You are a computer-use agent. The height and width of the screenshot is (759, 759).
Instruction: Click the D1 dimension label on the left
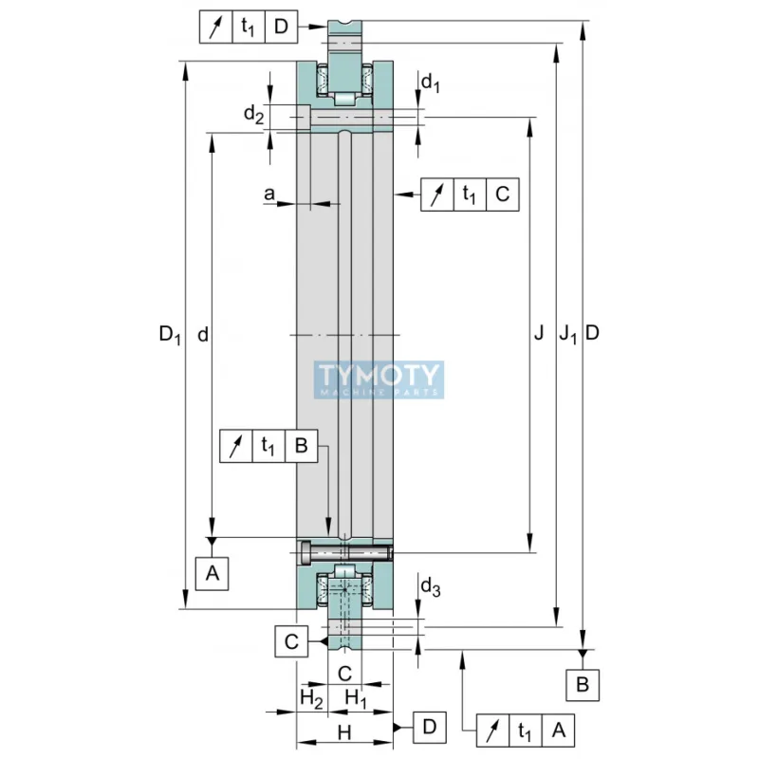[169, 334]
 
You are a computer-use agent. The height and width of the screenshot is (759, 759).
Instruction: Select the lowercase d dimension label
[202, 334]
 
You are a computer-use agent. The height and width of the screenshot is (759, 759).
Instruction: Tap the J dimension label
[538, 333]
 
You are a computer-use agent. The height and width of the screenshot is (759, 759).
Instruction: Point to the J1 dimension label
[566, 334]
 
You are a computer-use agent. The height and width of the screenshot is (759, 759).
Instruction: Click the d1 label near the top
[431, 84]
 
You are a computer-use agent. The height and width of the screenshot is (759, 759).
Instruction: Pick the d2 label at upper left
[253, 115]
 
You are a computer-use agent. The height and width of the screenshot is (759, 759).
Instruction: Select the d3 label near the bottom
[431, 587]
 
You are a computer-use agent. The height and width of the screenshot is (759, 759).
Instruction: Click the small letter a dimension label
[269, 194]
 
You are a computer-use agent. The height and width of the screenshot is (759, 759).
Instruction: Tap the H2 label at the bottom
[310, 697]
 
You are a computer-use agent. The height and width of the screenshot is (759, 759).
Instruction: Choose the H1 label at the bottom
[358, 697]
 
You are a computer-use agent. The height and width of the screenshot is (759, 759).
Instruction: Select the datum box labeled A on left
[213, 572]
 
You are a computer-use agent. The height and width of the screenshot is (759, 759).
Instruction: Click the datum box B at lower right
[583, 684]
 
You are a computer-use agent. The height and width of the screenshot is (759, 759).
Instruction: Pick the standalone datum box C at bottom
[292, 641]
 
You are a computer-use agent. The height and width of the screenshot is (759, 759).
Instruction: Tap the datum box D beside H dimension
[429, 728]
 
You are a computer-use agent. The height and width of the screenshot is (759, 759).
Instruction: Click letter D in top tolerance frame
[281, 27]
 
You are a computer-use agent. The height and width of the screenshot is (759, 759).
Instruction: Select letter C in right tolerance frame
[502, 194]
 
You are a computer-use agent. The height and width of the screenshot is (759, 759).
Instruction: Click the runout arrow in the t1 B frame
[236, 446]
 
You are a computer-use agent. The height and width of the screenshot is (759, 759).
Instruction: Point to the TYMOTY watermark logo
[379, 379]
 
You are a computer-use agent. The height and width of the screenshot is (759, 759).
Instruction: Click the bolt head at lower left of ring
[305, 552]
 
